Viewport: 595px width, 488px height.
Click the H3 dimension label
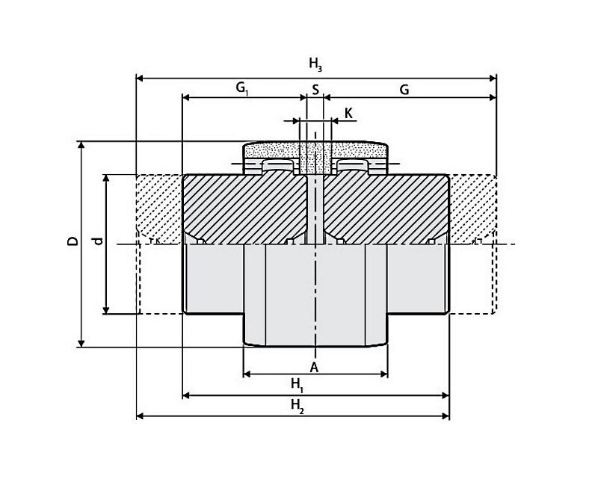315,64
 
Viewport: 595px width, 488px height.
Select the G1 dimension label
242,89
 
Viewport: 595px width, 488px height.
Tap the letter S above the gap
315,90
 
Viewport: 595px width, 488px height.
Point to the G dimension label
404,90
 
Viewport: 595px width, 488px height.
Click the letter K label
348,113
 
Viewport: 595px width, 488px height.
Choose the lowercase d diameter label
98,241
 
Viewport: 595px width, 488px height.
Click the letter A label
314,368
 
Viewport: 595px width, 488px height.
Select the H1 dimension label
297,385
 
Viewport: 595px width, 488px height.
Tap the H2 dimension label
297,406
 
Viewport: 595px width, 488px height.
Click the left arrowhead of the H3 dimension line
140,78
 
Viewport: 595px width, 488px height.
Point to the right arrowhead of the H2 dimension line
446,416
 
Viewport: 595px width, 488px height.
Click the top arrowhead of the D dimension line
81,145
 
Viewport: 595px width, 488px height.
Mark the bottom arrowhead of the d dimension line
106,310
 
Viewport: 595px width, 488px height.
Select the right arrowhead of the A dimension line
383,374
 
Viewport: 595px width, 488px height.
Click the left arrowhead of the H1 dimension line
186,396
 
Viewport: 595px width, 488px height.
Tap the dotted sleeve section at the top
315,150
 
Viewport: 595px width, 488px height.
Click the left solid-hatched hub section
244,209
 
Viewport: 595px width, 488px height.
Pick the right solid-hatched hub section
386,209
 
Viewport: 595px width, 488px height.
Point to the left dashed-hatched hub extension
159,209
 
